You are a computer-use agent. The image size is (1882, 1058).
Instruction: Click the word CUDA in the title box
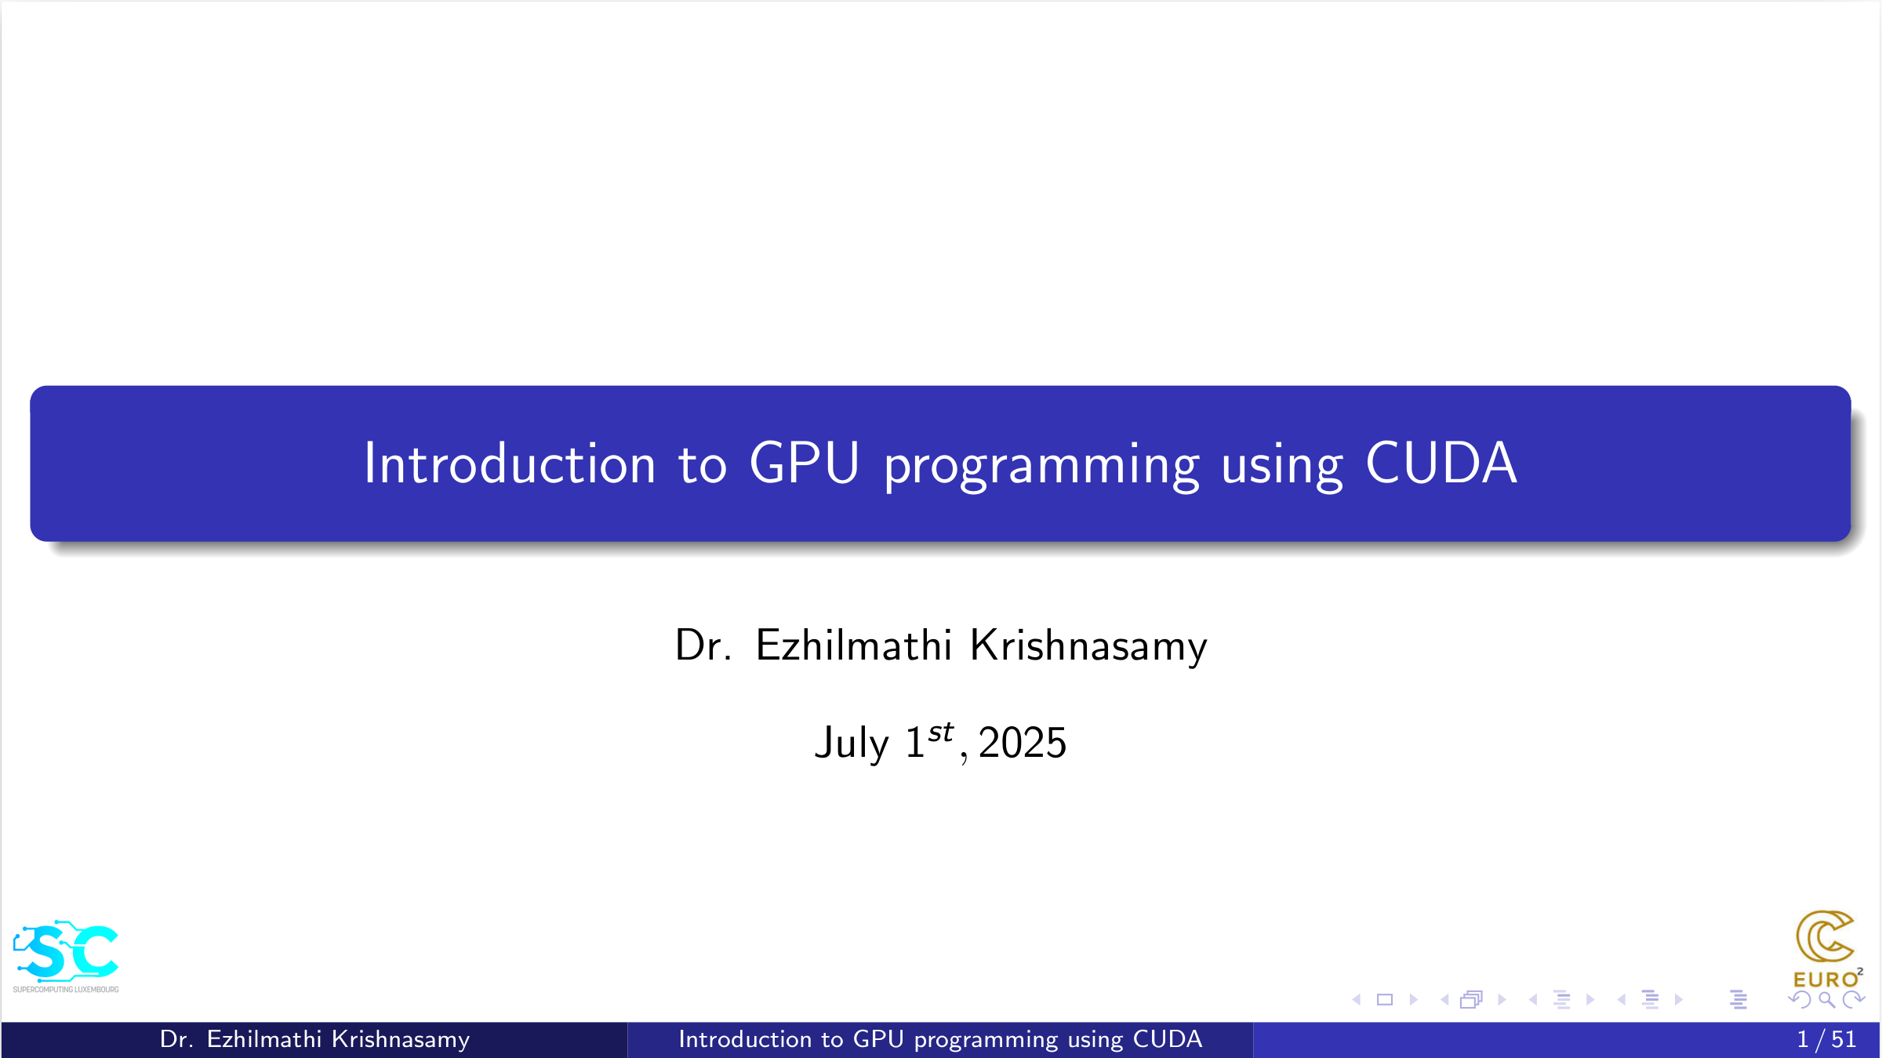[1441, 463]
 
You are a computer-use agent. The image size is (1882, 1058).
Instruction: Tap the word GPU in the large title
[805, 463]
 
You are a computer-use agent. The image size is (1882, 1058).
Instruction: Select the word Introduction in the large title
[510, 463]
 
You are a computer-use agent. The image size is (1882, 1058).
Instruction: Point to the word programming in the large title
[1041, 467]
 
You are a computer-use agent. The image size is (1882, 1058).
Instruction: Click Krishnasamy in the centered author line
[1088, 646]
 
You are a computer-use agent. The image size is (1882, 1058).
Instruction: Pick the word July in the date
[852, 742]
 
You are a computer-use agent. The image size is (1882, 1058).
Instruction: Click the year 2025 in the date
[1023, 742]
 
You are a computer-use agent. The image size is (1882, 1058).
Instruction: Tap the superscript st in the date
[940, 733]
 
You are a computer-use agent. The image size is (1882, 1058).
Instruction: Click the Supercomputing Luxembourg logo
[66, 956]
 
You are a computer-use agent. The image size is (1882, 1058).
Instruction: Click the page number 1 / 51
[1826, 1039]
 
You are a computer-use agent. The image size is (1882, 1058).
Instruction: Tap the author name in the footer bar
[314, 1039]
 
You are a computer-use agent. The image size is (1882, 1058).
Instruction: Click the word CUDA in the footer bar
[1168, 1039]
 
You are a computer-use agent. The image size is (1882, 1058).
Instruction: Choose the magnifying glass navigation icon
[1826, 1000]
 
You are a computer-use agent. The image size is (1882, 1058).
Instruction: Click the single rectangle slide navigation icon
[1385, 1000]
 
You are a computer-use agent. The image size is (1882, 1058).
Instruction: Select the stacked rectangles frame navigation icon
[1471, 1000]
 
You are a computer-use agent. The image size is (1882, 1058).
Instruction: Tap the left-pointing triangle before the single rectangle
[1357, 1000]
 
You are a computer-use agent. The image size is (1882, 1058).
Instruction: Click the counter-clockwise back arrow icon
[1800, 1000]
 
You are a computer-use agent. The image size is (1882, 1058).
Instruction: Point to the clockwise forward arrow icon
[1854, 1000]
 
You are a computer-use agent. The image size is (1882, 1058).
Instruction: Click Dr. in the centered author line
[703, 645]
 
